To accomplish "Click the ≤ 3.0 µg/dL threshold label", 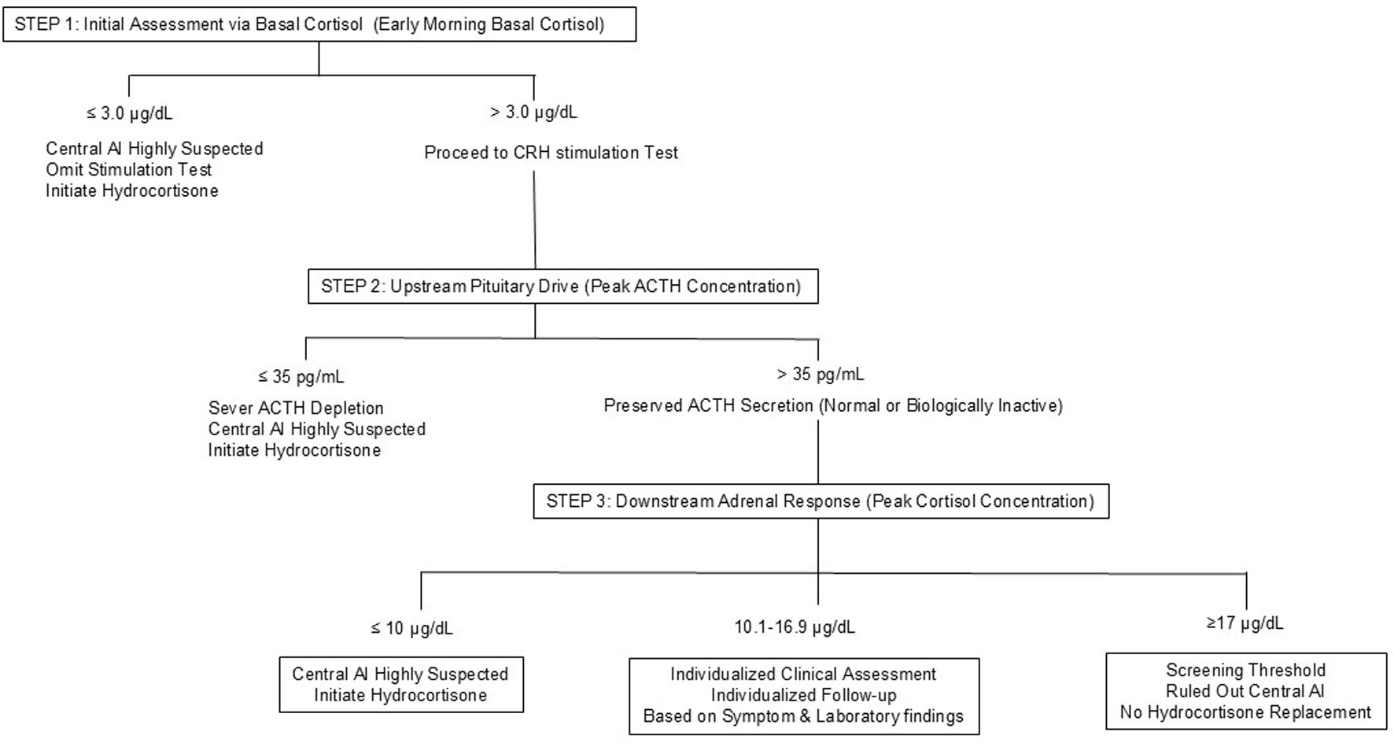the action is point(129,113).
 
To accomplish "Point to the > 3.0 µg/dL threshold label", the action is point(533,113).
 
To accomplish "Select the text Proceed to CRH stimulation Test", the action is point(551,153).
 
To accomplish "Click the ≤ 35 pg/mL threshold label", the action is point(301,377).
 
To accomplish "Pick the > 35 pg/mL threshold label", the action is point(821,375).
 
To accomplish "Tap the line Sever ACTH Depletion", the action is point(296,408).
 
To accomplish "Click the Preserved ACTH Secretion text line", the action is point(833,406).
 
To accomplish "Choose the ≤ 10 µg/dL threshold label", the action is point(411,628).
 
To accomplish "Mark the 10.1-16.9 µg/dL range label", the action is point(795,627).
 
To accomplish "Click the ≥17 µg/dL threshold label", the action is point(1245,623).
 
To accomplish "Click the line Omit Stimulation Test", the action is point(129,170).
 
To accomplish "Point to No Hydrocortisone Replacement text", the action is point(1246,712).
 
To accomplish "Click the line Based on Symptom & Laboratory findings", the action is point(803,716).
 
